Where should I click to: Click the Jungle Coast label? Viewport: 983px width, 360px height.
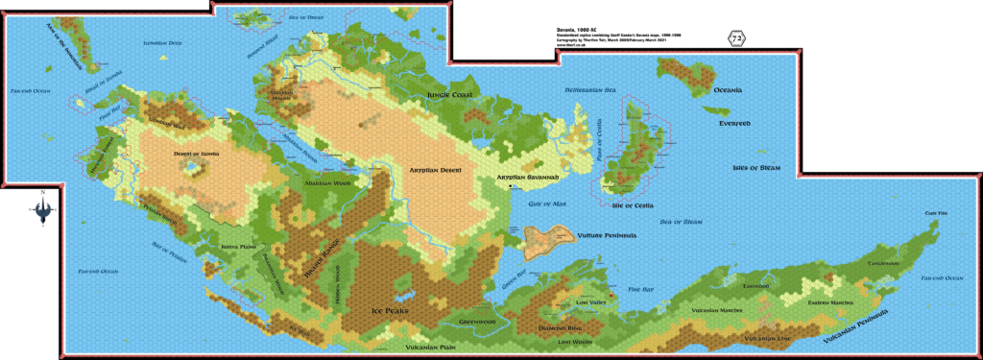click(x=450, y=94)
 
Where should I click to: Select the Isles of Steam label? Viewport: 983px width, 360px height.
click(x=756, y=168)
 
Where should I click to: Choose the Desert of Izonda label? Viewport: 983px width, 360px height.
click(x=196, y=153)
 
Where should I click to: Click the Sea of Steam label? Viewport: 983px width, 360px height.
click(x=681, y=222)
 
